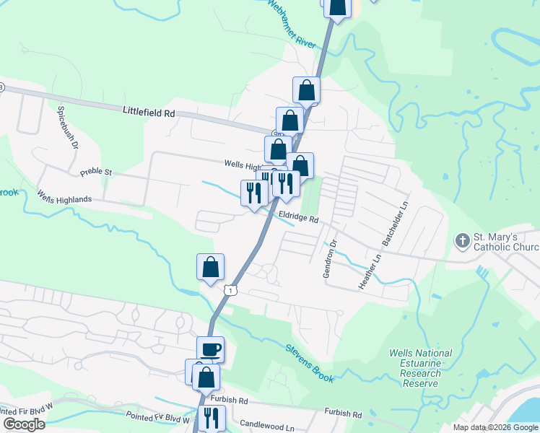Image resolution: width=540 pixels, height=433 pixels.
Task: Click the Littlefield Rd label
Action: point(149,113)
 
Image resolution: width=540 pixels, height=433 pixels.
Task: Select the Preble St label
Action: point(97,172)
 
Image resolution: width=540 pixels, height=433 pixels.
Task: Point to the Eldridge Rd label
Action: point(298,216)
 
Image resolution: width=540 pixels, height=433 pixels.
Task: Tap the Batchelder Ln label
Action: point(395,223)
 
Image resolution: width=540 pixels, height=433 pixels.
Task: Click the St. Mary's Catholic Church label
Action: point(505,242)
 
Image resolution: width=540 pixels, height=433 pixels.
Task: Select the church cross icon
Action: point(461,239)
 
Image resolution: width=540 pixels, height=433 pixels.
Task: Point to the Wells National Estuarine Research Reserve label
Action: point(420,368)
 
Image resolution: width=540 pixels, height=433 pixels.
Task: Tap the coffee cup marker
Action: point(211,350)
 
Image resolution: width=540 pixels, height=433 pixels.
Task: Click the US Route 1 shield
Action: point(230,289)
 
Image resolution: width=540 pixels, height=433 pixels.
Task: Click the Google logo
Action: point(24,424)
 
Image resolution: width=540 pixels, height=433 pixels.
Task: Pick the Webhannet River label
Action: point(292,24)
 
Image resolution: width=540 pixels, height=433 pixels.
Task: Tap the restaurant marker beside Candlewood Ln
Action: point(212,417)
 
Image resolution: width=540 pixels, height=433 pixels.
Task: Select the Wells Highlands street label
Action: point(65,198)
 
